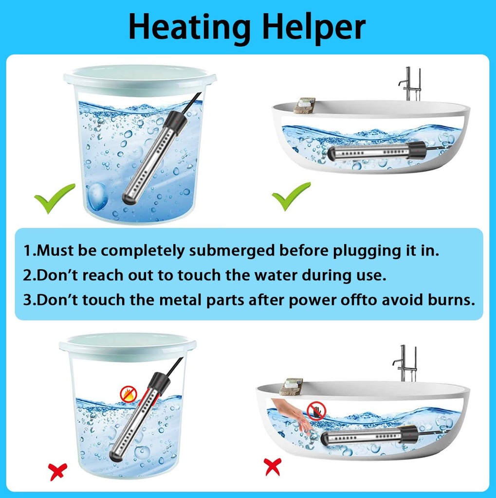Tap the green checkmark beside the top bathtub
(291, 196)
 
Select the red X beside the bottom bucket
(57, 471)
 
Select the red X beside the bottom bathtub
(272, 467)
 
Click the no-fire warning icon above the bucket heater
(129, 394)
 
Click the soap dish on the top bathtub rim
(304, 105)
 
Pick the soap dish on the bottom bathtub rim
(291, 386)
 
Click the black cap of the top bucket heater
(176, 123)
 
